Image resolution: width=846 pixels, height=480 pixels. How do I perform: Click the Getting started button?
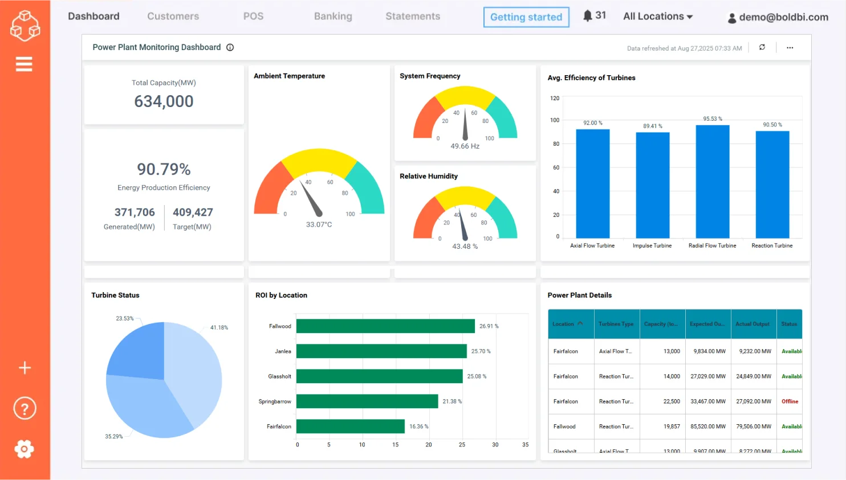point(526,17)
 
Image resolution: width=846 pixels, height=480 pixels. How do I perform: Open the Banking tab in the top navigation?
point(333,17)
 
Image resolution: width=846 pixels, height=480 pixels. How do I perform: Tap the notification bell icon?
point(587,16)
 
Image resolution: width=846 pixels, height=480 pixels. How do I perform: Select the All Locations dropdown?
point(657,17)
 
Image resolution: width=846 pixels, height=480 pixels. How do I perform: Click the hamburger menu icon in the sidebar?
point(24,64)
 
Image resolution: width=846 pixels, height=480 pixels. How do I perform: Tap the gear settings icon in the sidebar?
point(24,449)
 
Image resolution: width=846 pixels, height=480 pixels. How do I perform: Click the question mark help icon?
point(25,408)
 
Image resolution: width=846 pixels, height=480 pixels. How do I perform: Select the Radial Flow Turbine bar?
point(712,181)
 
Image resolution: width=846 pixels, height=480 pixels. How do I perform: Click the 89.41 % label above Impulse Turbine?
point(652,126)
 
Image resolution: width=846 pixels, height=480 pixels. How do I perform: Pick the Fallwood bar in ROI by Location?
point(385,326)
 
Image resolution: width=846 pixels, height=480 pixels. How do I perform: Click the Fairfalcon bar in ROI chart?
point(350,426)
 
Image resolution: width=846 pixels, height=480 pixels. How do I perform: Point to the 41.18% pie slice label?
point(219,327)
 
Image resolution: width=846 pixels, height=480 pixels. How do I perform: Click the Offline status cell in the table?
point(790,401)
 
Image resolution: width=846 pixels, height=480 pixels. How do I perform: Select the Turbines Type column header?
point(616,324)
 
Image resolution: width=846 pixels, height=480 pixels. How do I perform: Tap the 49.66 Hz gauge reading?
point(465,146)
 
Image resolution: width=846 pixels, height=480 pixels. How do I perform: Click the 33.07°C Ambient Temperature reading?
point(319,224)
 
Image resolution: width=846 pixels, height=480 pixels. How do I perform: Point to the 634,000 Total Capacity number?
point(164,101)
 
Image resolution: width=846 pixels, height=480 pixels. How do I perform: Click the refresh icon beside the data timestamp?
point(762,47)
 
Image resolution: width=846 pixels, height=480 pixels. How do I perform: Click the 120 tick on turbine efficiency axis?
point(554,98)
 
